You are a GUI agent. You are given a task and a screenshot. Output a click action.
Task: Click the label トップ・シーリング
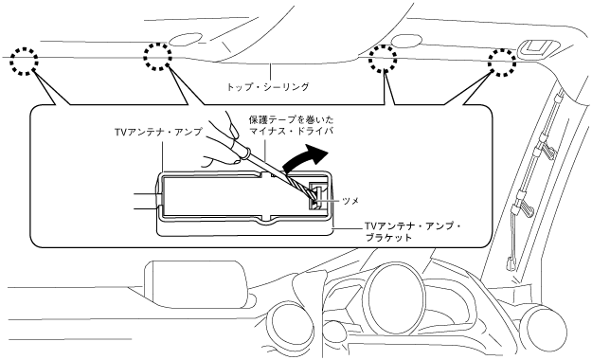point(268,86)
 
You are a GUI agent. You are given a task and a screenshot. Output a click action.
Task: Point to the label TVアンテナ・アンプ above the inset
point(158,132)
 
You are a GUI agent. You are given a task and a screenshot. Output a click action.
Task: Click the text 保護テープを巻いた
point(291,120)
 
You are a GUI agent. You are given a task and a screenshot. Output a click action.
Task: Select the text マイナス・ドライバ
point(291,132)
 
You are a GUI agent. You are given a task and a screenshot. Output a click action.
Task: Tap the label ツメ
point(350,201)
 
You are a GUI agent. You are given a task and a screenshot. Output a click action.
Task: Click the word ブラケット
point(388,237)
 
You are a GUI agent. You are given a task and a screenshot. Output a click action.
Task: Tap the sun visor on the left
point(197,283)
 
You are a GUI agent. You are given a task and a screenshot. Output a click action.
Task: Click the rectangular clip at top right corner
point(535,48)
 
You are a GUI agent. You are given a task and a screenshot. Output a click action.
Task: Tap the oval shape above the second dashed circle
point(186,39)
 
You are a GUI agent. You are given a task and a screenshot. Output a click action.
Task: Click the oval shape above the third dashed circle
point(406,41)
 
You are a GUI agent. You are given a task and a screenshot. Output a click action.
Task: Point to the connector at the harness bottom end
point(511,262)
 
